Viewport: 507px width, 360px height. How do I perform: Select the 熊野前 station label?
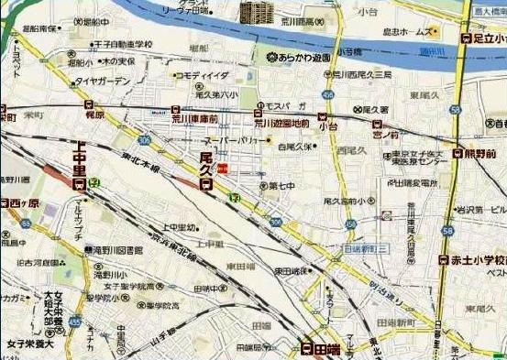pos(479,154)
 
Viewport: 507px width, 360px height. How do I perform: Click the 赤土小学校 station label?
pos(477,260)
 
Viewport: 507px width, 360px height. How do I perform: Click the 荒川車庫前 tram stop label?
pos(194,118)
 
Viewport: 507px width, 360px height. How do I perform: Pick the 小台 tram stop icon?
pos(322,115)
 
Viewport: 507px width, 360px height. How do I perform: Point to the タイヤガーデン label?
pos(104,81)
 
